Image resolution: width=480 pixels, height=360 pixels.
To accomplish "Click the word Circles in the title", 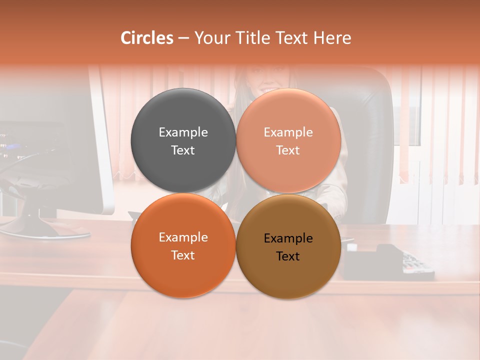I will [x=146, y=38].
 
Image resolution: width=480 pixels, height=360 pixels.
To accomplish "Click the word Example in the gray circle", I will [x=183, y=132].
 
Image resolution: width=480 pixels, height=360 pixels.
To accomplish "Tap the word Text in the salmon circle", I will [x=288, y=150].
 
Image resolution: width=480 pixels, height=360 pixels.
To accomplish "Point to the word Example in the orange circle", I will [x=183, y=237].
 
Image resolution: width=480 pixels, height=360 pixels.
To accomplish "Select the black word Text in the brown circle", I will [x=288, y=256].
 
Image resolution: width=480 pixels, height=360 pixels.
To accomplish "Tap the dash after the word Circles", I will [x=183, y=38].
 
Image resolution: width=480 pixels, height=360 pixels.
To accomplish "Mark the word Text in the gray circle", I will [x=183, y=150].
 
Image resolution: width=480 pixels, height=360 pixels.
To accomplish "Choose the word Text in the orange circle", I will [x=183, y=255].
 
